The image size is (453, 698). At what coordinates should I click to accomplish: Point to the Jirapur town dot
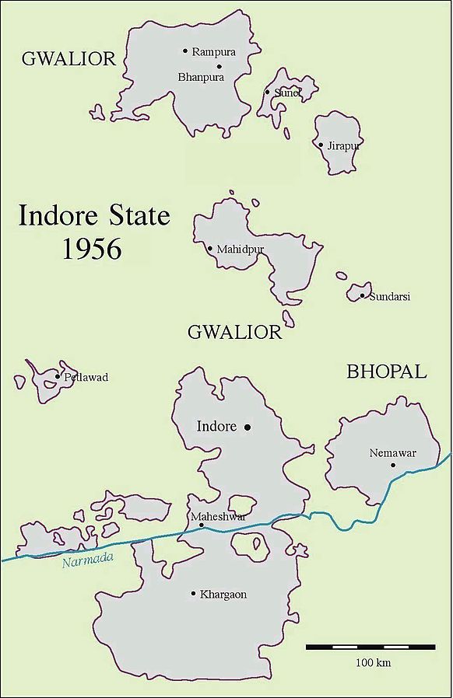tap(321, 145)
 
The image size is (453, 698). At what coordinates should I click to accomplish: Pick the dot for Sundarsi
tap(362, 295)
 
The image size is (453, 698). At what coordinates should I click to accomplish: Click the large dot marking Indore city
tap(248, 427)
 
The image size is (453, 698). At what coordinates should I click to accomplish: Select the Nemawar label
tap(388, 452)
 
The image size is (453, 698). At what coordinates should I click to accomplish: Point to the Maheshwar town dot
tap(202, 525)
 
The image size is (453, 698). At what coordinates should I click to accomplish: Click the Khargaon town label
tap(223, 595)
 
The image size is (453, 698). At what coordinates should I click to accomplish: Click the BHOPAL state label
tap(387, 372)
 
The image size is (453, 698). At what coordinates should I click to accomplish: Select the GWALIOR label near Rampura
tap(68, 59)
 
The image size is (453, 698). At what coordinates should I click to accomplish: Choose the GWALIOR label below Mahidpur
tap(234, 333)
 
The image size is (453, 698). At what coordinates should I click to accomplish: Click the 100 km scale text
tap(373, 663)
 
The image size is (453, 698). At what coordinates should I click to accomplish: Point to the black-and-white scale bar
tap(370, 647)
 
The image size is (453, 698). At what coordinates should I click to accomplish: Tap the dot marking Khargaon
tap(193, 594)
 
